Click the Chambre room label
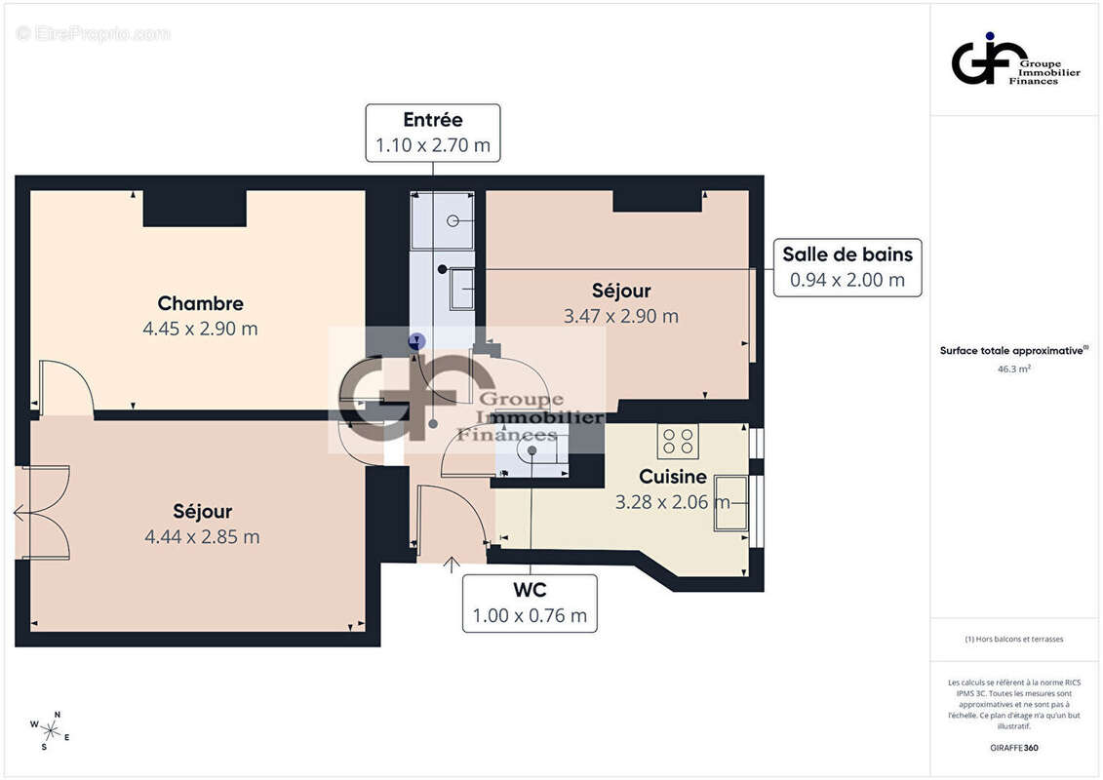(200, 303)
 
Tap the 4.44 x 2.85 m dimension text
(202, 536)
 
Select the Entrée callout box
(433, 133)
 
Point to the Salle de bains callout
(847, 268)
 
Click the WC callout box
(530, 603)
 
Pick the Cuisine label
(672, 477)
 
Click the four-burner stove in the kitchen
(677, 442)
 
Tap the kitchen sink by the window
(730, 503)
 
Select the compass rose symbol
(49, 729)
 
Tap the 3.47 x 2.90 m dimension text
(620, 316)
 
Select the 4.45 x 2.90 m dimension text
(200, 329)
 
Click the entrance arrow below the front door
(452, 563)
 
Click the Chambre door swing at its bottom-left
(64, 387)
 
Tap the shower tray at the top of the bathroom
(442, 220)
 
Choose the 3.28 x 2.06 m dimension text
(672, 502)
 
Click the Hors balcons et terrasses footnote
(1014, 639)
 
